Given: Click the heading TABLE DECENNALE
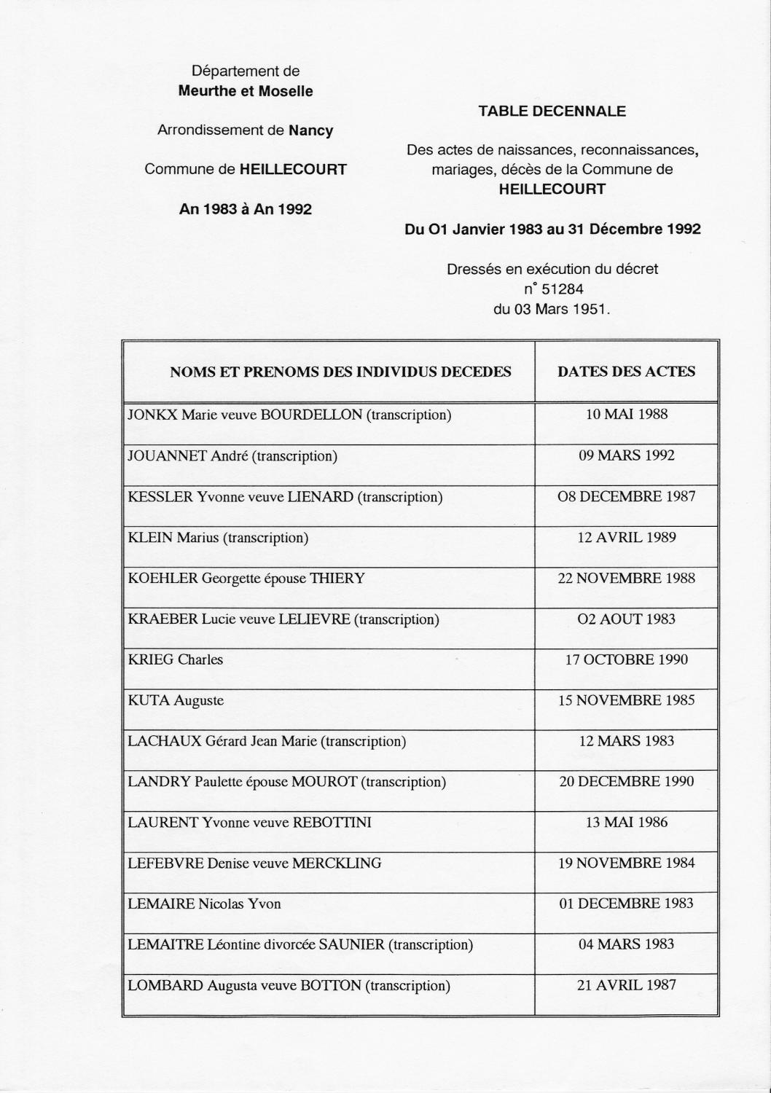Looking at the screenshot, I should [552, 111].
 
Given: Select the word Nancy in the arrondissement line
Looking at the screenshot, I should [310, 131].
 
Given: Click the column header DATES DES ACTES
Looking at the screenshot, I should [626, 372].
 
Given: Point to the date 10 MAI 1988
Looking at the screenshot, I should [626, 415].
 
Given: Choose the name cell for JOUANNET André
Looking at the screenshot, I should [232, 457].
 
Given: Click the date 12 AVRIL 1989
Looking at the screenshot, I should [626, 538].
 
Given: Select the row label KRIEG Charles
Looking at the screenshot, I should [176, 660].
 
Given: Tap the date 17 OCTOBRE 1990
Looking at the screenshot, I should [626, 660].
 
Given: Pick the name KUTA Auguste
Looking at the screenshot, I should [176, 701].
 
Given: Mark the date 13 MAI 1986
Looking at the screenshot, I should [626, 823].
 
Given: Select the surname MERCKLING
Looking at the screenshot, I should [337, 863].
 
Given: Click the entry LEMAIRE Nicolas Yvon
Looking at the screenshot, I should [204, 904].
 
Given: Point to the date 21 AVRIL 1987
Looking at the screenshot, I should [626, 985].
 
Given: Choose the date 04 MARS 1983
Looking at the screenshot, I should [626, 944].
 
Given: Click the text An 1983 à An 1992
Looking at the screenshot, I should [246, 209].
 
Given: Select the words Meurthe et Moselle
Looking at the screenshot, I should [246, 91].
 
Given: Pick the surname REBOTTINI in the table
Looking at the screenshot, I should [332, 823].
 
